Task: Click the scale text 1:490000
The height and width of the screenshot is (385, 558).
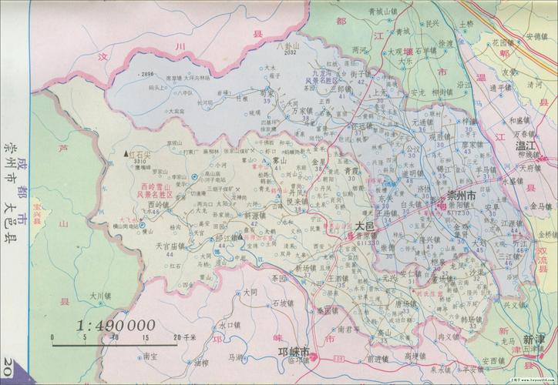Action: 116,325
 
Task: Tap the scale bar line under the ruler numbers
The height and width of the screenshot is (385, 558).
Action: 116,343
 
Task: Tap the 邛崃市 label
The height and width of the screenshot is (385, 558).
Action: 293,351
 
